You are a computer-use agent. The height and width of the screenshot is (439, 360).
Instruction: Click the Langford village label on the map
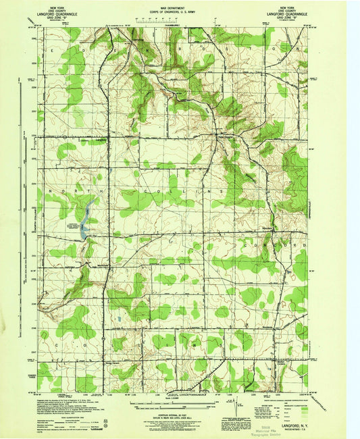[101, 140]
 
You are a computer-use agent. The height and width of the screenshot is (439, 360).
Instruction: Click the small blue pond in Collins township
[119, 317]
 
